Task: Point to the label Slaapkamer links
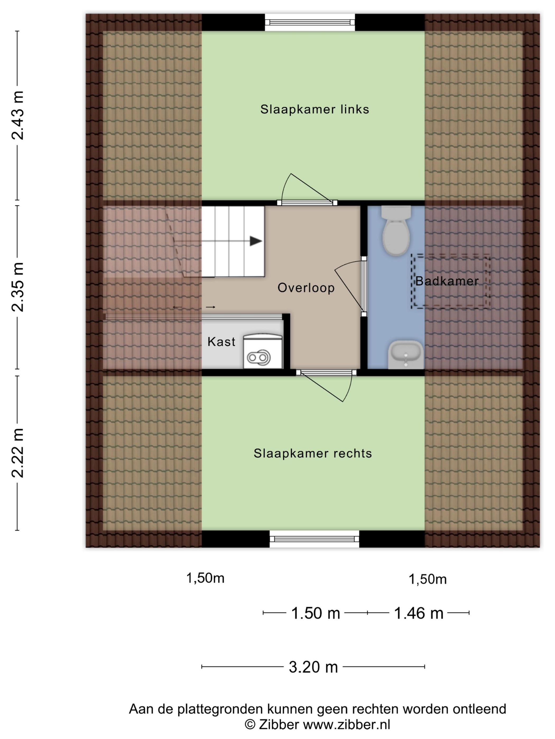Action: [314, 109]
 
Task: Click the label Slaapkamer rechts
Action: [312, 453]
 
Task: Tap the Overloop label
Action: [306, 288]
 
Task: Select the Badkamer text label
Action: [447, 281]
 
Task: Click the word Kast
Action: [221, 342]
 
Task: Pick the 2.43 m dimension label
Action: [17, 115]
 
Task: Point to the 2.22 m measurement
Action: [17, 453]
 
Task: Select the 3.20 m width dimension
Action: [313, 667]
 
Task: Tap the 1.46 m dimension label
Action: [419, 613]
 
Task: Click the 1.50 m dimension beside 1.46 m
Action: [316, 613]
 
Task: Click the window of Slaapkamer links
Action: [310, 22]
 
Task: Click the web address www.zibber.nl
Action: [346, 725]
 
